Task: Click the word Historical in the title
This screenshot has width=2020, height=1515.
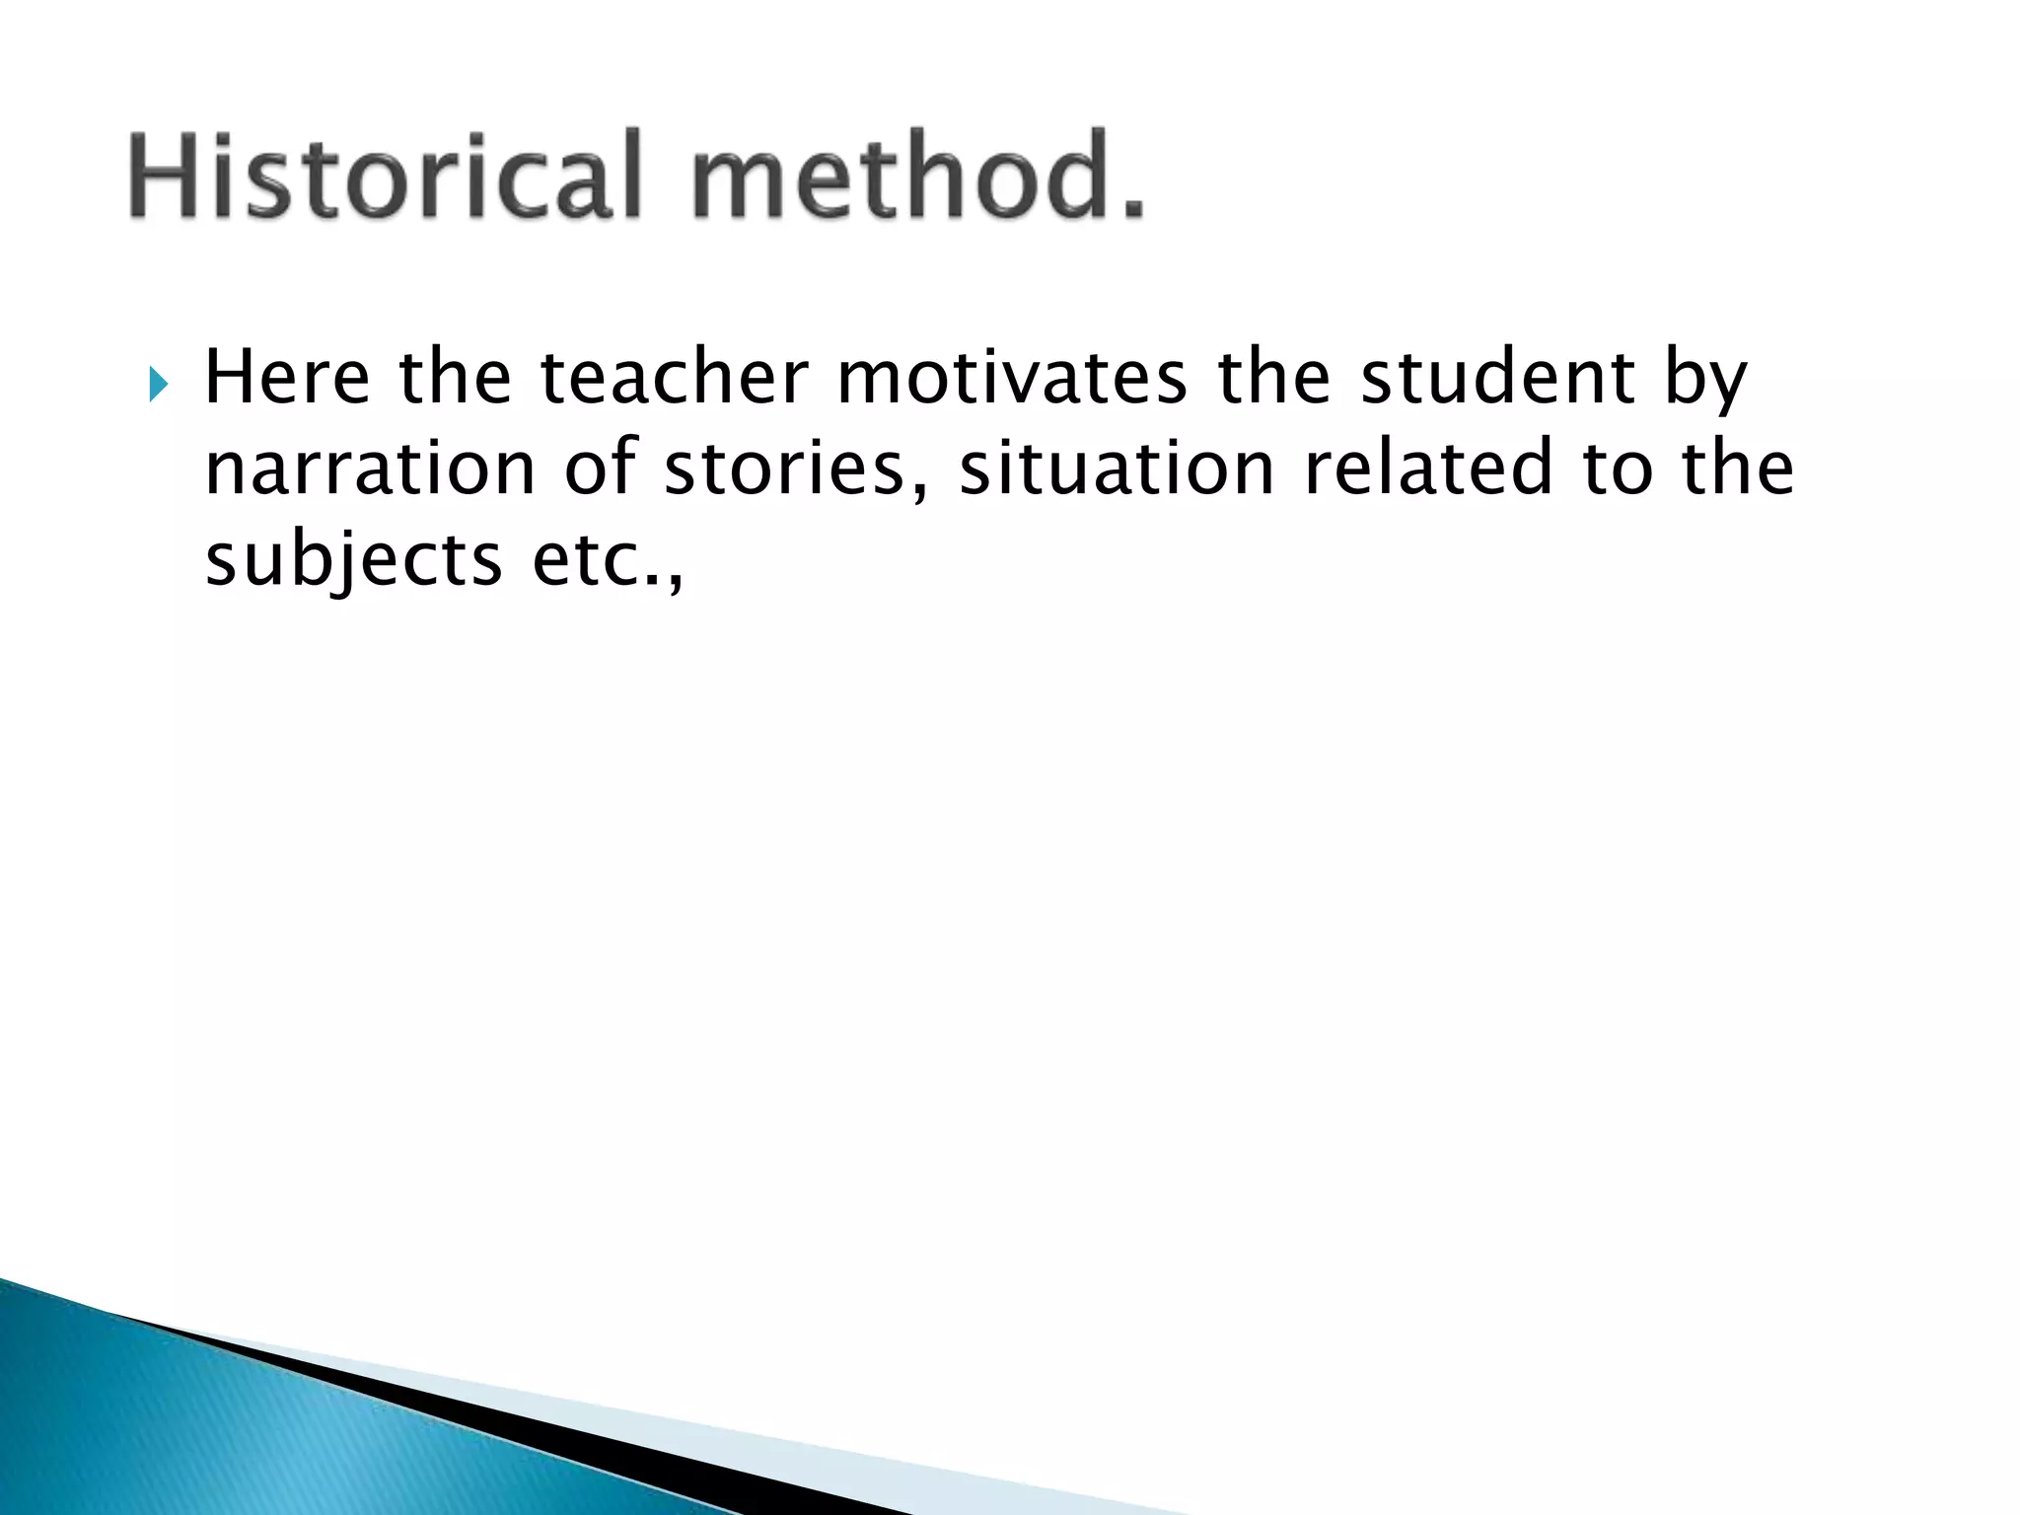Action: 385,176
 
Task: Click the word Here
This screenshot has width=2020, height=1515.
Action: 286,379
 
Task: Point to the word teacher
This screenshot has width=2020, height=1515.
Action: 674,379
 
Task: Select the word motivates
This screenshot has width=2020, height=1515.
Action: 1011,379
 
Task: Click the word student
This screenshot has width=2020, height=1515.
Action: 1497,379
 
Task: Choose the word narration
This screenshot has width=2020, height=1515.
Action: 370,469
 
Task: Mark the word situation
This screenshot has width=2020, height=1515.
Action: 1117,469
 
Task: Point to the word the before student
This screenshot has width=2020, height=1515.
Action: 1274,379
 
